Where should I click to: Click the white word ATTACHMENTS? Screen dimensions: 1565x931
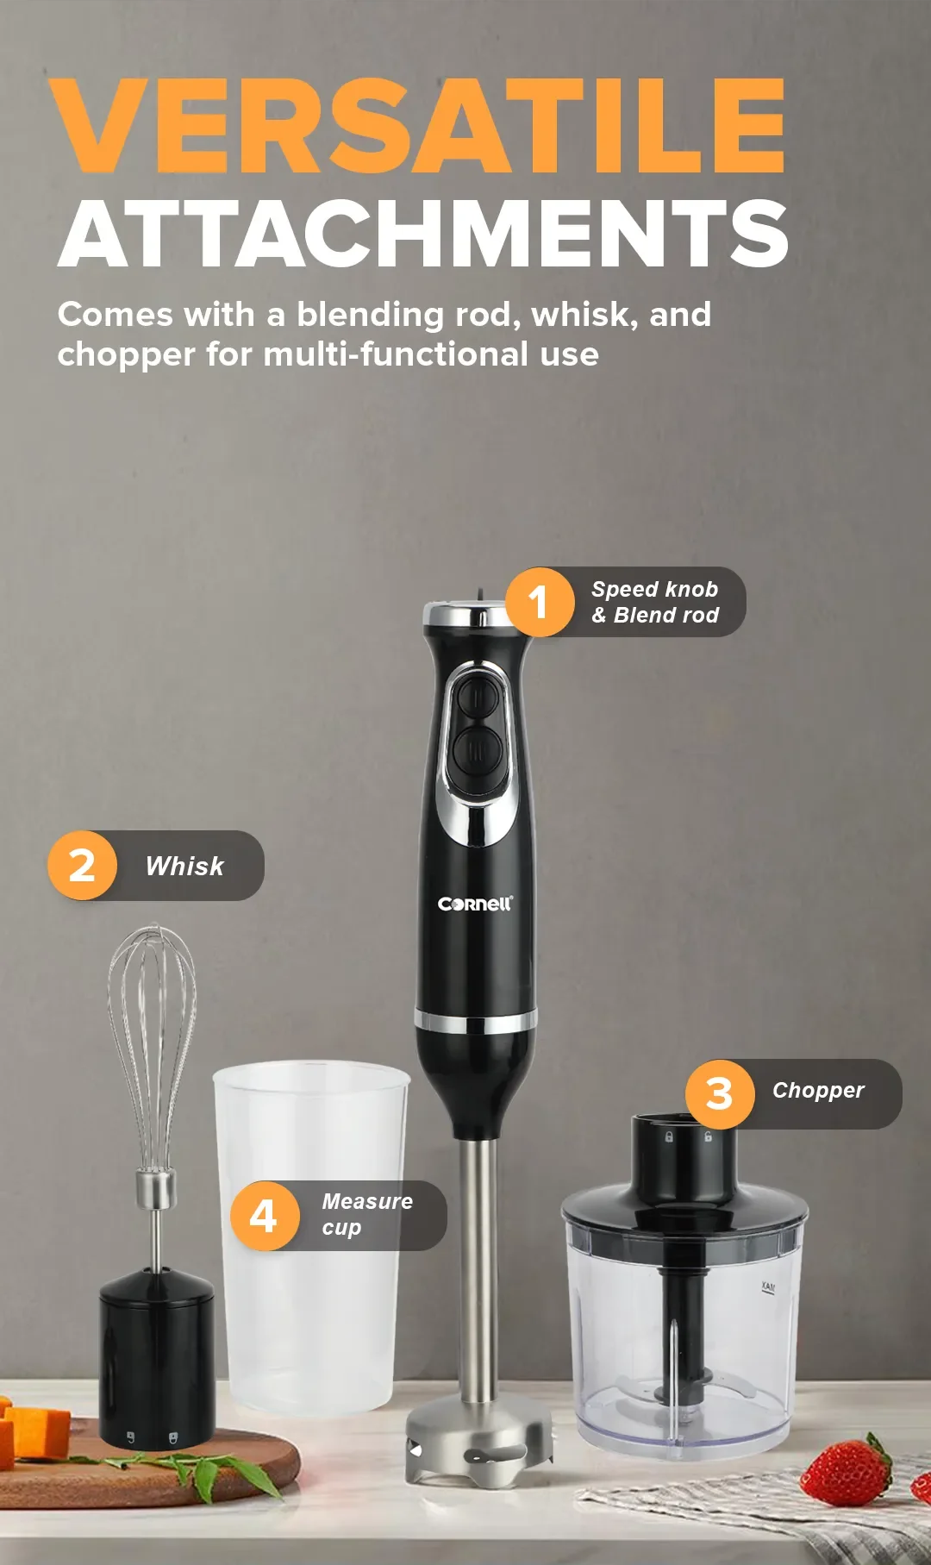coord(422,235)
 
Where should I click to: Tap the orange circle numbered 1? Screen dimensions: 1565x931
coord(539,602)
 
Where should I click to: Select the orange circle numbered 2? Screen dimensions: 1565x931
coord(82,866)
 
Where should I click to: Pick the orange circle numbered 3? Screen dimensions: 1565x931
coord(719,1094)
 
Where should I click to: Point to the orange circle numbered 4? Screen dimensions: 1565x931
coord(264,1216)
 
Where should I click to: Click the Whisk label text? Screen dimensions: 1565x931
coord(184,867)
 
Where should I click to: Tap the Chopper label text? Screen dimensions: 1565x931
coord(817,1091)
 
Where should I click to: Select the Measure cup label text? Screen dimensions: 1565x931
coord(366,1214)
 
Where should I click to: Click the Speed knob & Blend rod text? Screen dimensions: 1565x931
coord(654,602)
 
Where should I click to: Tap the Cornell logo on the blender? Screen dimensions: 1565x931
coord(475,904)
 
